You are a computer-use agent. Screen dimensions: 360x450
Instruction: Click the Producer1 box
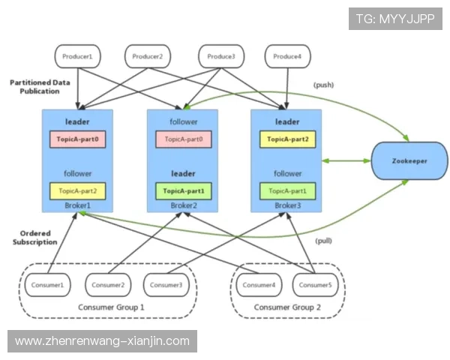click(78, 56)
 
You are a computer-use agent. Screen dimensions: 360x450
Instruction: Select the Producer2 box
click(148, 56)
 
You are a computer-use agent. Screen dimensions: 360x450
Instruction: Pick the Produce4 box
click(288, 56)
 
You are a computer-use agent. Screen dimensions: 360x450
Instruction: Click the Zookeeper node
click(409, 161)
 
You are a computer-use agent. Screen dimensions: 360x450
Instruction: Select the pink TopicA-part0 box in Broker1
click(78, 139)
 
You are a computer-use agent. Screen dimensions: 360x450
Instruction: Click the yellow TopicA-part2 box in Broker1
click(78, 190)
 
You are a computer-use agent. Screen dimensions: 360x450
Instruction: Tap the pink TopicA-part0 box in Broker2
click(183, 139)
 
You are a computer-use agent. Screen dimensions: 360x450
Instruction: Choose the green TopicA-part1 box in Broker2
click(183, 190)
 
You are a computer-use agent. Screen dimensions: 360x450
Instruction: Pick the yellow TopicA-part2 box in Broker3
click(287, 139)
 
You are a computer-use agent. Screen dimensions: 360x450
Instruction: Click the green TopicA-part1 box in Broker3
click(287, 190)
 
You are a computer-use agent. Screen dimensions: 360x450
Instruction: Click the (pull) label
click(324, 240)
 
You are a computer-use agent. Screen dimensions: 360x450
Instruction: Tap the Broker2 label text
click(183, 204)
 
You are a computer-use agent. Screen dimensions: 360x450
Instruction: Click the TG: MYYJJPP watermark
click(395, 18)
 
